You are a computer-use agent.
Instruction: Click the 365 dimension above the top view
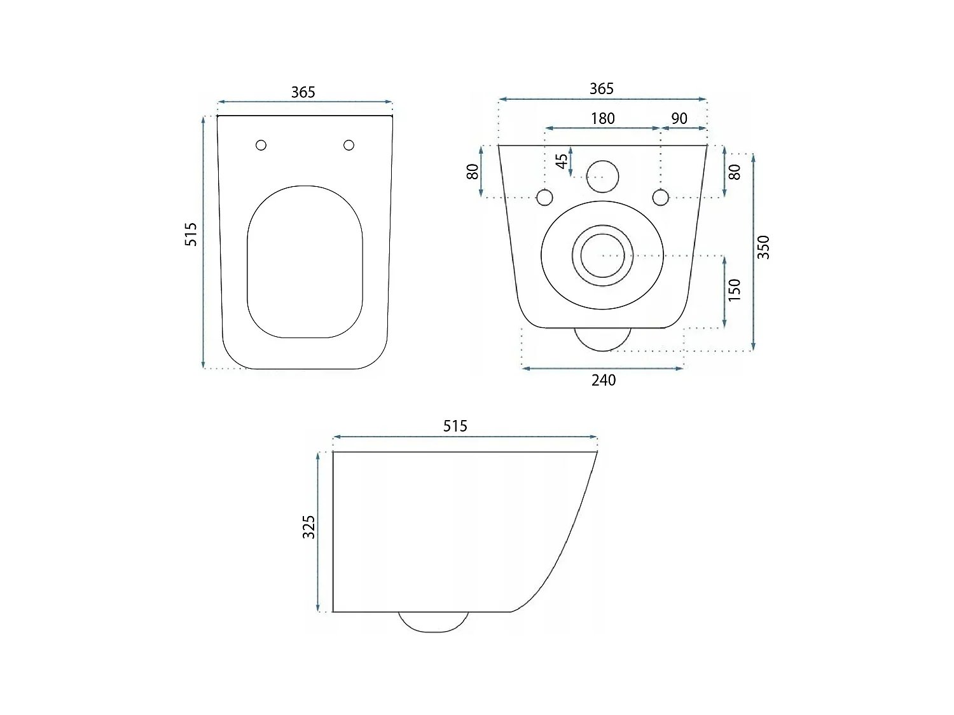303,92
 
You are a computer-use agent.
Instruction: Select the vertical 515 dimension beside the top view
191,234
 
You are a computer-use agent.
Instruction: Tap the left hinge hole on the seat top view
261,145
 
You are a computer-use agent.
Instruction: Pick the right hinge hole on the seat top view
349,145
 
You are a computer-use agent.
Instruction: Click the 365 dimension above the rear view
601,88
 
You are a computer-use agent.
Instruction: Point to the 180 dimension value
602,119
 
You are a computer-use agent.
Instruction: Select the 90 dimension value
679,119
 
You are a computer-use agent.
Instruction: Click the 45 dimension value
562,161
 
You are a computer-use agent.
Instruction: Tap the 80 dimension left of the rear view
473,172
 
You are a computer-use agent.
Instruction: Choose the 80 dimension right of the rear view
735,172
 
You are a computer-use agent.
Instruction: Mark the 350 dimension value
764,247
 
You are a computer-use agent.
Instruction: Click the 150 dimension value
735,290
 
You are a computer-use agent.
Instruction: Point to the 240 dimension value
604,380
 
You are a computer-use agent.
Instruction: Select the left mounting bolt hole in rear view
545,198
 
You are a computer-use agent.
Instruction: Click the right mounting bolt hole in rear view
661,198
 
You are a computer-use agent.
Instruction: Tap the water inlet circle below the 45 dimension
602,177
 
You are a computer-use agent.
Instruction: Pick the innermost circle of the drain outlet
602,255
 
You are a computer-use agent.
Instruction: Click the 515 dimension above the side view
455,426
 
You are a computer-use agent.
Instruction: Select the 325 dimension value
308,527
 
